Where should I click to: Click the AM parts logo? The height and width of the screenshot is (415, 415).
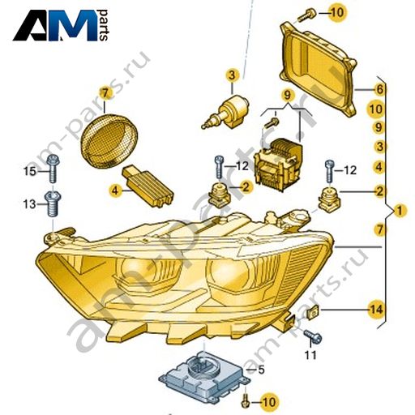[61, 25]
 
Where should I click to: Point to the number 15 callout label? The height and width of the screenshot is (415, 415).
[29, 171]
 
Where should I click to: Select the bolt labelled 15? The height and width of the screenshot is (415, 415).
[53, 169]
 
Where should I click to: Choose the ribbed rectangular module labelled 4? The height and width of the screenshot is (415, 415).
[148, 187]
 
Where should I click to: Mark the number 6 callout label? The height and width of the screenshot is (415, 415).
[380, 89]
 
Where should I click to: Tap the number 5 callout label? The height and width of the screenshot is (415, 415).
[261, 370]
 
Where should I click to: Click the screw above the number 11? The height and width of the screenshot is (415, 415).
[312, 336]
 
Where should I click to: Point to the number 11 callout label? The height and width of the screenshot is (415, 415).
[310, 354]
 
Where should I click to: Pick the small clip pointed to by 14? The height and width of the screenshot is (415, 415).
[314, 312]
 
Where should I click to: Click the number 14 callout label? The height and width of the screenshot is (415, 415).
[376, 310]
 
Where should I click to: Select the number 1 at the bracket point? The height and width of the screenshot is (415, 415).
[400, 210]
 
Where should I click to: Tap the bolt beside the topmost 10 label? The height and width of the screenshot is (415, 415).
[307, 15]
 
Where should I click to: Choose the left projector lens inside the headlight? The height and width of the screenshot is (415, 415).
[137, 271]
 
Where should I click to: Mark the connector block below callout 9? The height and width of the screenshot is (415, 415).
[278, 165]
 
